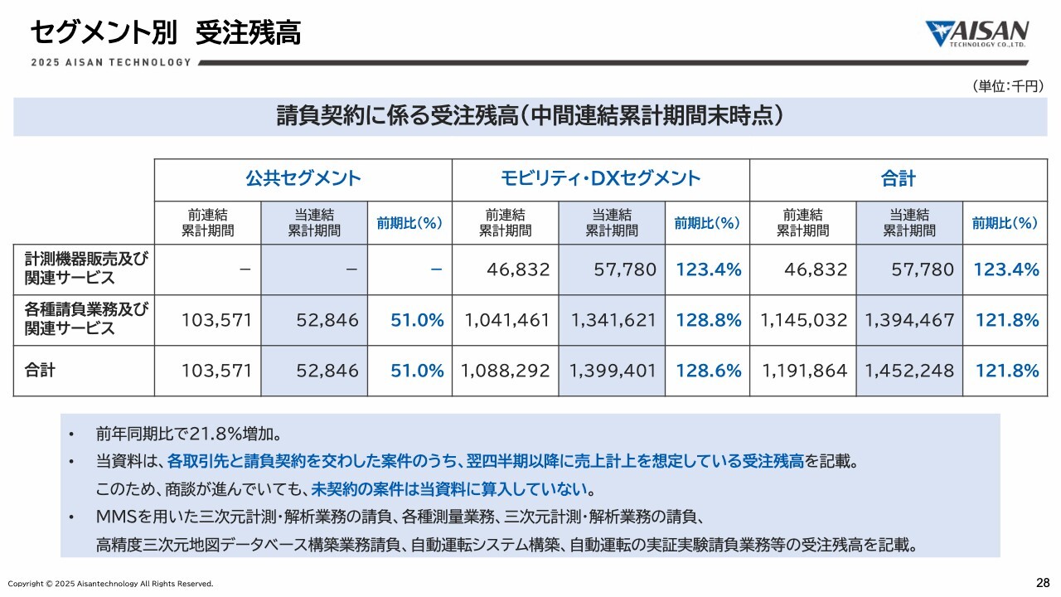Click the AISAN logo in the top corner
[x=977, y=34]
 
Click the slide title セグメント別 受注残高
[x=165, y=33]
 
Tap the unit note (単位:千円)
[x=1006, y=86]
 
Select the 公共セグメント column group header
[x=303, y=178]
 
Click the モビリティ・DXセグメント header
[x=600, y=178]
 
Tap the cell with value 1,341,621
[x=613, y=320]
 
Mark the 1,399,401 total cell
[x=613, y=371]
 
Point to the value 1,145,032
[x=803, y=320]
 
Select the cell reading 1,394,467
[x=909, y=320]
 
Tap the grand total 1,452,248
[x=909, y=371]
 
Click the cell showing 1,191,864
[x=803, y=371]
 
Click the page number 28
[x=1043, y=581]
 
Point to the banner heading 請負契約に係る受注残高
[x=530, y=116]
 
